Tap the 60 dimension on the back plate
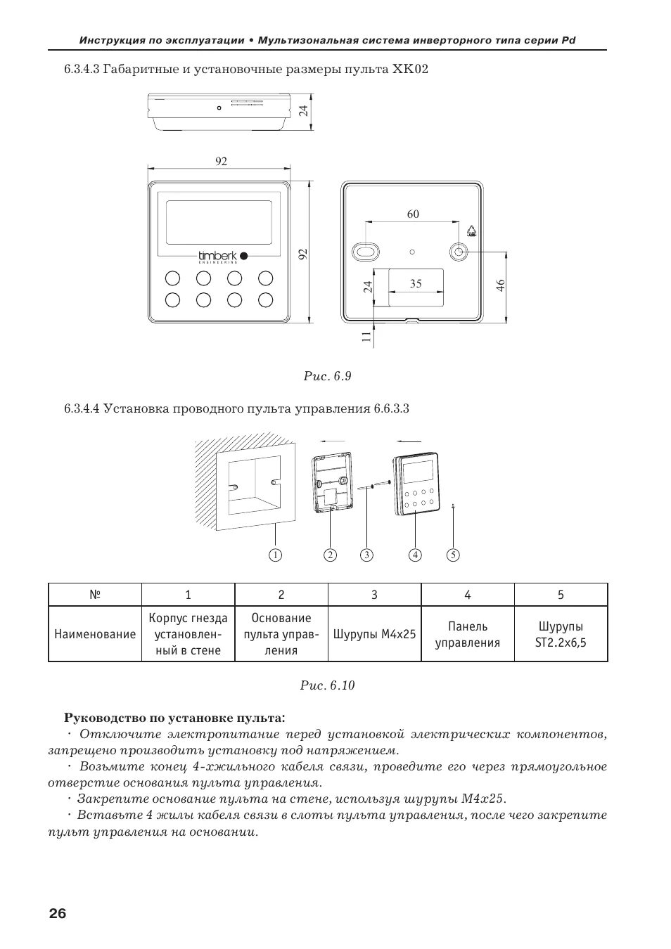(413, 214)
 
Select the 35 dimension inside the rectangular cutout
(416, 283)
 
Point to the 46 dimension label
(500, 285)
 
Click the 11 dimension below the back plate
(366, 337)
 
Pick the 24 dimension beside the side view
(303, 110)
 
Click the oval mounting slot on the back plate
(366, 252)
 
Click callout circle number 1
(275, 555)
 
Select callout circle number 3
(366, 555)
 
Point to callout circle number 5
(453, 555)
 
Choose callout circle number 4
(416, 555)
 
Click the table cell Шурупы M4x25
(374, 634)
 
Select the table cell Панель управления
(468, 634)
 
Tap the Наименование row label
(95, 634)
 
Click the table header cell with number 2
(281, 595)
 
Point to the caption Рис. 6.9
(328, 376)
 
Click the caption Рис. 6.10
(328, 685)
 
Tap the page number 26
(58, 914)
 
